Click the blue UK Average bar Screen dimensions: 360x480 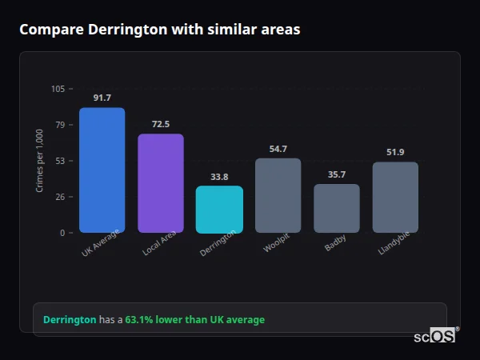pyautogui.click(x=102, y=170)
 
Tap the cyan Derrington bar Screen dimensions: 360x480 pyautogui.click(x=219, y=209)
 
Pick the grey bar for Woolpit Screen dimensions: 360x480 pyautogui.click(x=278, y=195)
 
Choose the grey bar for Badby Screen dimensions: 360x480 pyautogui.click(x=336, y=208)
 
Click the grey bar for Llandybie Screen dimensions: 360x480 pyautogui.click(x=395, y=197)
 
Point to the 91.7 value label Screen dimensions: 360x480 pyautogui.click(x=102, y=98)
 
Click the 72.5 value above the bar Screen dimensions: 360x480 pyautogui.click(x=160, y=124)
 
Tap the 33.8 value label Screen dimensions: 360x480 pyautogui.click(x=219, y=177)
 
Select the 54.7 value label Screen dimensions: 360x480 pyautogui.click(x=278, y=149)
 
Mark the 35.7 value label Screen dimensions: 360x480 pyautogui.click(x=336, y=174)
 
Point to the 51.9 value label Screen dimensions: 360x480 pyautogui.click(x=395, y=152)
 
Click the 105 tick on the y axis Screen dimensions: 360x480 pyautogui.click(x=58, y=89)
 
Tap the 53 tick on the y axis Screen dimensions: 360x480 pyautogui.click(x=60, y=161)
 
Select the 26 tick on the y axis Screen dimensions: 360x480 pyautogui.click(x=60, y=197)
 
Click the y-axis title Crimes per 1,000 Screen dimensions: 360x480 pyautogui.click(x=40, y=160)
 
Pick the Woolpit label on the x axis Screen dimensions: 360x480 pyautogui.click(x=276, y=242)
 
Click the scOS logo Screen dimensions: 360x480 pyautogui.click(x=435, y=336)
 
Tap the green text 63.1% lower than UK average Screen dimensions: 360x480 pyautogui.click(x=194, y=320)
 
